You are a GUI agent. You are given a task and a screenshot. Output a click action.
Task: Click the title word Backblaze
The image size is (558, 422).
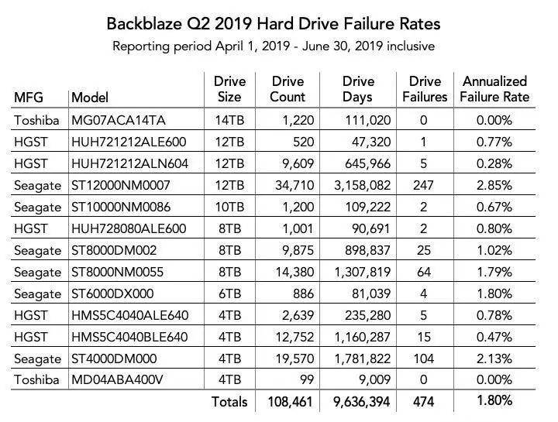coord(146,23)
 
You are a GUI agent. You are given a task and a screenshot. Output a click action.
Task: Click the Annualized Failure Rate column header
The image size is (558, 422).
coord(494,89)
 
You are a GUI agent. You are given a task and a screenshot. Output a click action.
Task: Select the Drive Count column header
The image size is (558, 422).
coord(288,89)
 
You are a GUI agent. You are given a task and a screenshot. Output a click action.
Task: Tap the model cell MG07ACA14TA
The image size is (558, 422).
coord(117,120)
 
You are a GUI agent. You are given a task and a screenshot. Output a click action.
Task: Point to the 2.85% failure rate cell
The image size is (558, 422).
coord(494,185)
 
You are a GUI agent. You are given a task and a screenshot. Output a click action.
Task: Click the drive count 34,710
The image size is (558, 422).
coord(288,185)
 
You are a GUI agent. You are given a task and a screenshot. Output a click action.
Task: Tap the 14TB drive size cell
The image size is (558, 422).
coord(229,120)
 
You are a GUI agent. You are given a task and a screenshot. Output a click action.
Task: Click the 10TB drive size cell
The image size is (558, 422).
coord(229,207)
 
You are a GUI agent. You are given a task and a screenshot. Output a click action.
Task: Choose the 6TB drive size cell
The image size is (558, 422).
coord(229,293)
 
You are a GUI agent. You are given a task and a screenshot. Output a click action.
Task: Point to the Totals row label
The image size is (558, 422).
coord(229,402)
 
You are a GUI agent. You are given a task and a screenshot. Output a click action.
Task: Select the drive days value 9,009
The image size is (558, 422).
coord(373,380)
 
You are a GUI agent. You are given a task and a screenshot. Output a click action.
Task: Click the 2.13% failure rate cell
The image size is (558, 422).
coord(494,359)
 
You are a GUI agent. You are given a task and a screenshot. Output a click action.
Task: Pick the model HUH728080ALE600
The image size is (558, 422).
coord(129,228)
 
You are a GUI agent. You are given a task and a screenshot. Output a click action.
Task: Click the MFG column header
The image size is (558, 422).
coord(29,98)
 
